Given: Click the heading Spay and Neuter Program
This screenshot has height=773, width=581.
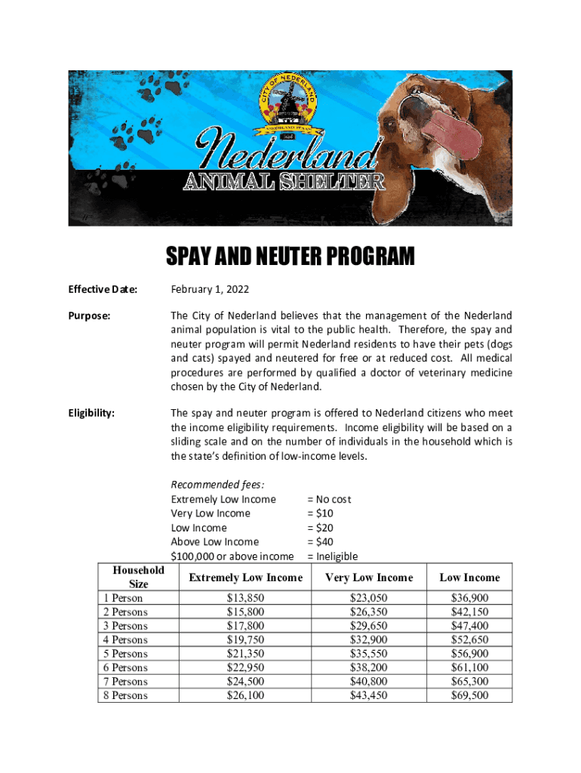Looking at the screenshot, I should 290,257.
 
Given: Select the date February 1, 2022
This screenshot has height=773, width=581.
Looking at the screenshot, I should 210,289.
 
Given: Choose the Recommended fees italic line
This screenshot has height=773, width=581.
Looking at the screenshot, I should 218,485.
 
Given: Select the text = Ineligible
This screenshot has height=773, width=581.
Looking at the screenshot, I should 333,556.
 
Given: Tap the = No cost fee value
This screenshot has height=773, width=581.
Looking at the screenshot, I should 329,499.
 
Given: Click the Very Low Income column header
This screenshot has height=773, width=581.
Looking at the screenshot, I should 369,577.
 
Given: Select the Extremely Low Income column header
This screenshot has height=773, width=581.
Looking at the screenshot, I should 245,577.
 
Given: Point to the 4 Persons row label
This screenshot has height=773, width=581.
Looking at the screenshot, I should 125,640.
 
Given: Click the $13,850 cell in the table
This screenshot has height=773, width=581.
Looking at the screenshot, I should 245,598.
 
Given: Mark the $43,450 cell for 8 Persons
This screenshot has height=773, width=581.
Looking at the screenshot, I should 369,695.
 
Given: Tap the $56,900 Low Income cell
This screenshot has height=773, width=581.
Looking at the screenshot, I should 469,654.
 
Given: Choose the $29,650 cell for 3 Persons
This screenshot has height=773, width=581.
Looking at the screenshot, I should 369,626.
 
